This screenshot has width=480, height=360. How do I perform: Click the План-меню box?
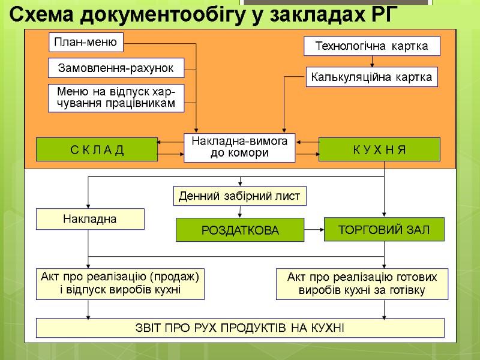pyautogui.click(x=86, y=42)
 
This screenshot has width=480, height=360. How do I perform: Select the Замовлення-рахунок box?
pyautogui.click(x=116, y=68)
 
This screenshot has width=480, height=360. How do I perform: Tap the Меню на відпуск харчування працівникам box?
pyautogui.click(x=116, y=98)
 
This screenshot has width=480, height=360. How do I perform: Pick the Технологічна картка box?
pyautogui.click(x=372, y=46)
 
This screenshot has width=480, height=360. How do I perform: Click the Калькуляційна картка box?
pyautogui.click(x=372, y=77)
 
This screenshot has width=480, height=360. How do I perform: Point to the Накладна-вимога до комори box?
pyautogui.click(x=239, y=148)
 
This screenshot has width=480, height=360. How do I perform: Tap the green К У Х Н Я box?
pyautogui.click(x=379, y=149)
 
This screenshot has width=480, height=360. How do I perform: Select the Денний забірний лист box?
pyautogui.click(x=240, y=196)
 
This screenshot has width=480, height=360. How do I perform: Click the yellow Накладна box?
pyautogui.click(x=90, y=219)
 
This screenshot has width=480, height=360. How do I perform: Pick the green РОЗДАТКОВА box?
pyautogui.click(x=239, y=230)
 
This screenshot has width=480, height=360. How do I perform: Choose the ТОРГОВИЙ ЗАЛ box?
pyautogui.click(x=384, y=229)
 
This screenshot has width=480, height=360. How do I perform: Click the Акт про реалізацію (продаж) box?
pyautogui.click(x=120, y=283)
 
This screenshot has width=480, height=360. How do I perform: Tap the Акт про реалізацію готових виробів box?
pyautogui.click(x=362, y=284)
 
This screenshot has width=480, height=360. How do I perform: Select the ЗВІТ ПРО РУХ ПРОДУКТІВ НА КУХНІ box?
pyautogui.click(x=240, y=328)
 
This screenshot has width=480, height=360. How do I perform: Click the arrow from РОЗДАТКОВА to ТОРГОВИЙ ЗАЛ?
pyautogui.click(x=314, y=229)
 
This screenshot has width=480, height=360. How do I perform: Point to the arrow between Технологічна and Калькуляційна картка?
pyautogui.click(x=372, y=61)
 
